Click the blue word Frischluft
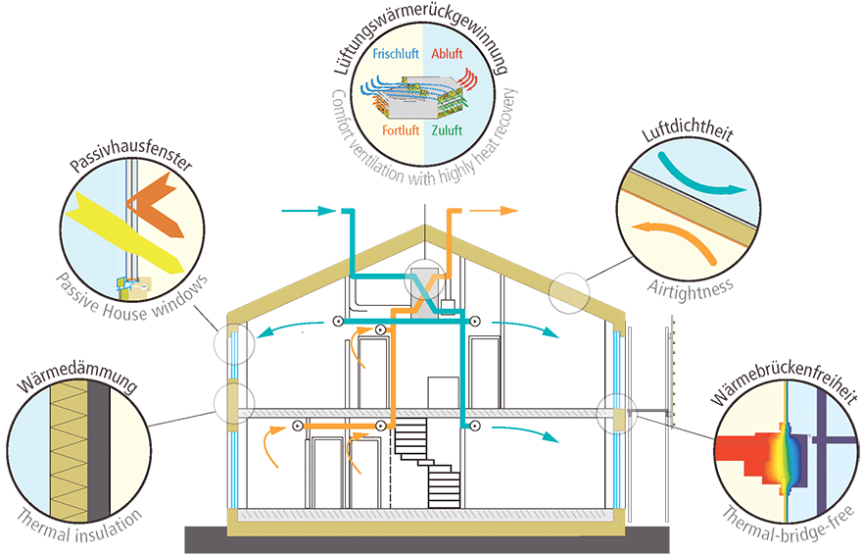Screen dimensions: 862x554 [x=396, y=53]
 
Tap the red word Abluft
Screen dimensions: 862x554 [x=447, y=53]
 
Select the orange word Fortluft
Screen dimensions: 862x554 [x=401, y=130]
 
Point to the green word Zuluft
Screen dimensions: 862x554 [x=447, y=130]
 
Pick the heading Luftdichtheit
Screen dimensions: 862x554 [x=688, y=132]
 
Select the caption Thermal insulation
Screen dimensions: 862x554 [x=78, y=526]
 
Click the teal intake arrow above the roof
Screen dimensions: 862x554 [x=308, y=211]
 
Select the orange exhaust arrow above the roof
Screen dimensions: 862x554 [x=493, y=211]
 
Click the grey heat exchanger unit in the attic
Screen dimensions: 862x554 [x=424, y=291]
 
